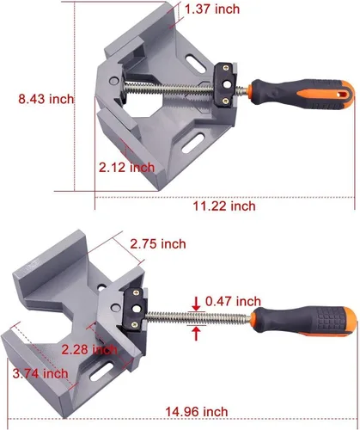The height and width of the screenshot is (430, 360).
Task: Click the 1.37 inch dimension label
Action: point(212,9)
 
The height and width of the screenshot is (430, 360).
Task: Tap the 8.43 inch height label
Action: point(46,99)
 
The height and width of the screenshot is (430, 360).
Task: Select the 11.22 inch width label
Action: point(224,206)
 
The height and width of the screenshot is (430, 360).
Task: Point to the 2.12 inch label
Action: point(126,168)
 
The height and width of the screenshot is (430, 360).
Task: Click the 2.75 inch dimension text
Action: point(158,244)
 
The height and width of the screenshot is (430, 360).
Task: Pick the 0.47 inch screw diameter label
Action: point(233,301)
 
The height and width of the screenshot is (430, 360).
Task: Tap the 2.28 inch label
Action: point(89,349)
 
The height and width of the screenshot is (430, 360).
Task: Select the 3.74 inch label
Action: point(40,373)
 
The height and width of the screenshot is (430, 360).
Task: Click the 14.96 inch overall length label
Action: point(197,412)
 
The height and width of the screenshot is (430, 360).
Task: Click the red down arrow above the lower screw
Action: point(196,304)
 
